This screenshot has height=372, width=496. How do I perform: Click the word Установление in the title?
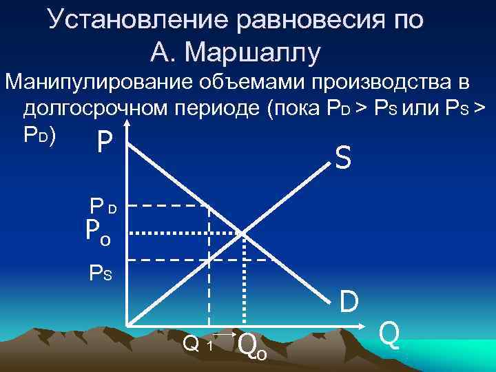(138, 20)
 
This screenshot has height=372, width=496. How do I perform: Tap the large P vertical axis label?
(104, 144)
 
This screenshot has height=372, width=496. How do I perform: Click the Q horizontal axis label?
(389, 335)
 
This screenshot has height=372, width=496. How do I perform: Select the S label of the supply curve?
(343, 160)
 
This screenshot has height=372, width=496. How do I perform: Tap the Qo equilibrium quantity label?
(251, 344)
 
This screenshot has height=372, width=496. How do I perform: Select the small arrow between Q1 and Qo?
(224, 334)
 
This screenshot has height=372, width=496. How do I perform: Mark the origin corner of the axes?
(128, 324)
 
